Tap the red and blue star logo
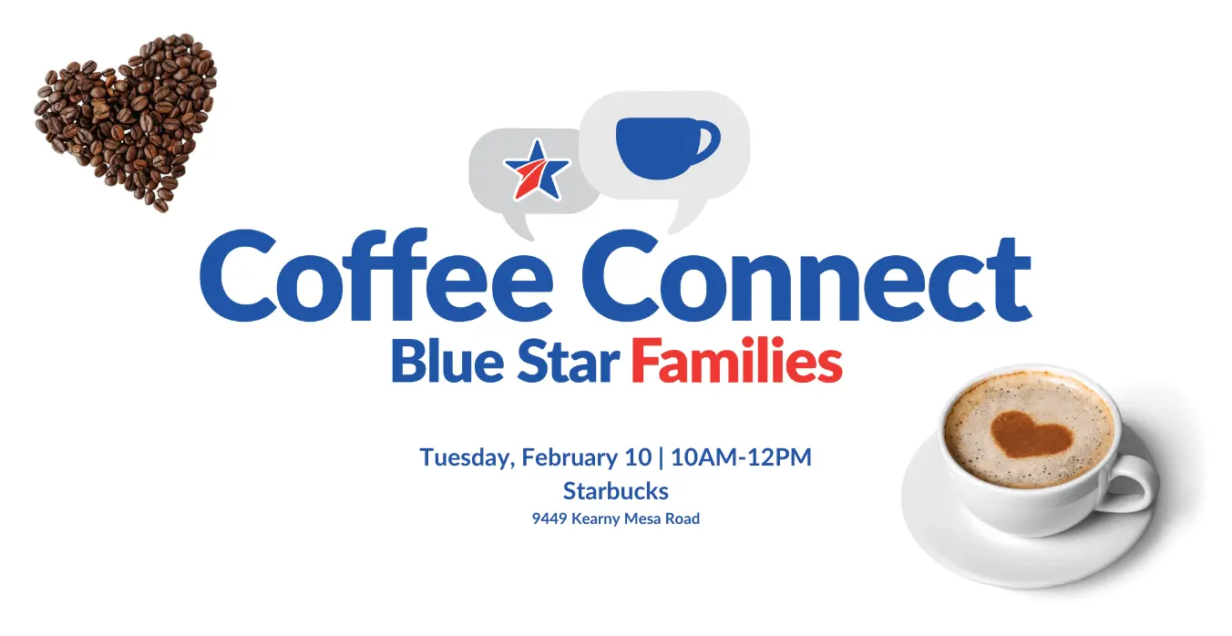pos(536,170)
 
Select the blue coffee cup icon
pos(667,148)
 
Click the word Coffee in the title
pos(376,275)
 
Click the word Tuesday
pos(467,457)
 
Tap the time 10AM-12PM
pos(741,457)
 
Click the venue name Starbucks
pos(615,491)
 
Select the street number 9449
pos(549,518)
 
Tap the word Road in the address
pos(683,518)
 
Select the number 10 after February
pos(638,457)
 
